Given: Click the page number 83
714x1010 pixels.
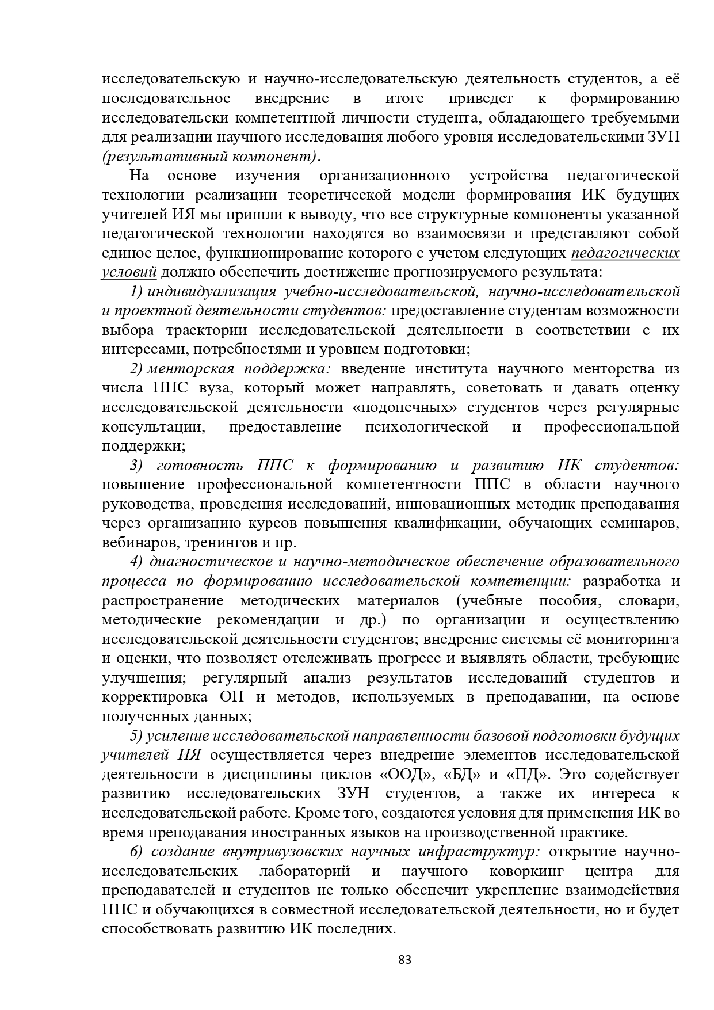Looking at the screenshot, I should pos(405,959).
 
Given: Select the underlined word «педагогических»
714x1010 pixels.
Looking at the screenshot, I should pos(625,253).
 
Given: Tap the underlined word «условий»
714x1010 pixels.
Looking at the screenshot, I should pos(129,272).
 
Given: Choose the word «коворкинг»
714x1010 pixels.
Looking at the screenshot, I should pos(526,871).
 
